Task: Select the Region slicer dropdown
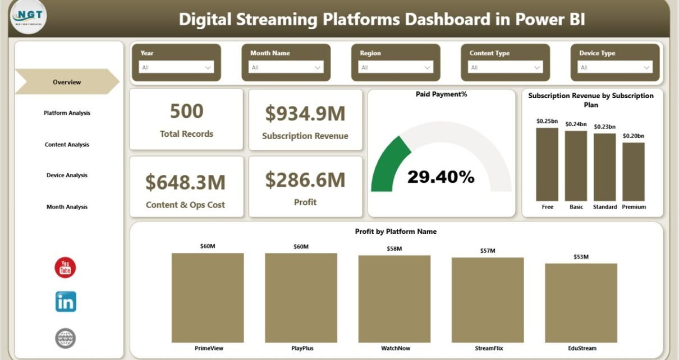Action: pos(396,67)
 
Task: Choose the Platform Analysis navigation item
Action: pos(67,113)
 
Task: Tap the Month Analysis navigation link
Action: pos(67,207)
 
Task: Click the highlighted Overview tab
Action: pos(67,82)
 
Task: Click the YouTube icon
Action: pos(65,267)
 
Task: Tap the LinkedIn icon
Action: pos(66,302)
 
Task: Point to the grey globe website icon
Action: pos(66,338)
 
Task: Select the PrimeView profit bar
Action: pos(208,297)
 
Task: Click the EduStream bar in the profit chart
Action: pos(581,303)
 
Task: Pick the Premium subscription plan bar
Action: pos(634,171)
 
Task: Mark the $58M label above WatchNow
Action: pos(394,248)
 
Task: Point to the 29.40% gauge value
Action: pos(441,177)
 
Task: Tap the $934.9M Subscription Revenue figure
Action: pos(305,113)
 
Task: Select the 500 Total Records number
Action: pos(186,111)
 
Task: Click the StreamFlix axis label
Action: pos(488,348)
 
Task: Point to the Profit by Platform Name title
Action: pos(396,231)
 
